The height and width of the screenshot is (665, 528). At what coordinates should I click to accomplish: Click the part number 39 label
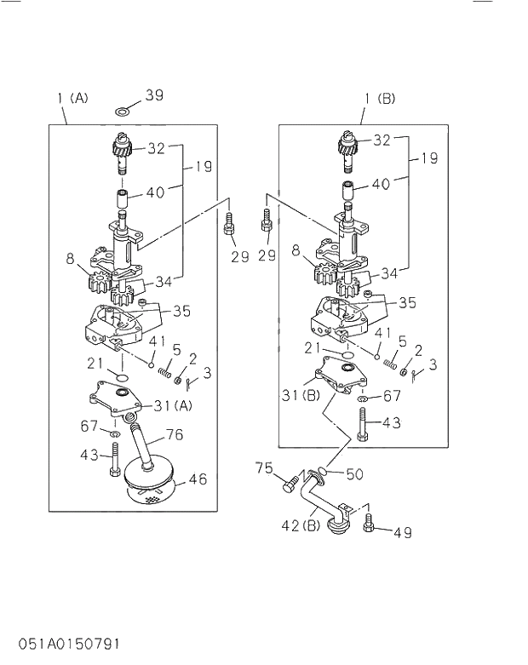coord(153,95)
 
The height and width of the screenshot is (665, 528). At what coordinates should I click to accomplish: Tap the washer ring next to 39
coord(124,111)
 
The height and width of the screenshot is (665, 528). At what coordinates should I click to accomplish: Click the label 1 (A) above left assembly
coord(72,98)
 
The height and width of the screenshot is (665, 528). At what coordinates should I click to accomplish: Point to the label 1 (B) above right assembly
coord(380,99)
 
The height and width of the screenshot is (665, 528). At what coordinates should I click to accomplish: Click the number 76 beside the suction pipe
coord(174,435)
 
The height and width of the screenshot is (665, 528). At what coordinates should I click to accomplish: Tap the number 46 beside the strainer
coord(198,479)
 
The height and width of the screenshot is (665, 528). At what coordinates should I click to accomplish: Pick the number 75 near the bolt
coord(265,467)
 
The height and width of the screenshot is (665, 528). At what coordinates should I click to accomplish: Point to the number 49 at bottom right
coord(403,533)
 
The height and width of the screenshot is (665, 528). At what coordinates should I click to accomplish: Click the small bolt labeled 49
coord(369,522)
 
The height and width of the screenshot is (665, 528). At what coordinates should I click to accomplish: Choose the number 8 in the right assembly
coord(296,251)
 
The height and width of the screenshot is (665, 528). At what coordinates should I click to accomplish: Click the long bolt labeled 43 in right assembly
coord(364,424)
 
